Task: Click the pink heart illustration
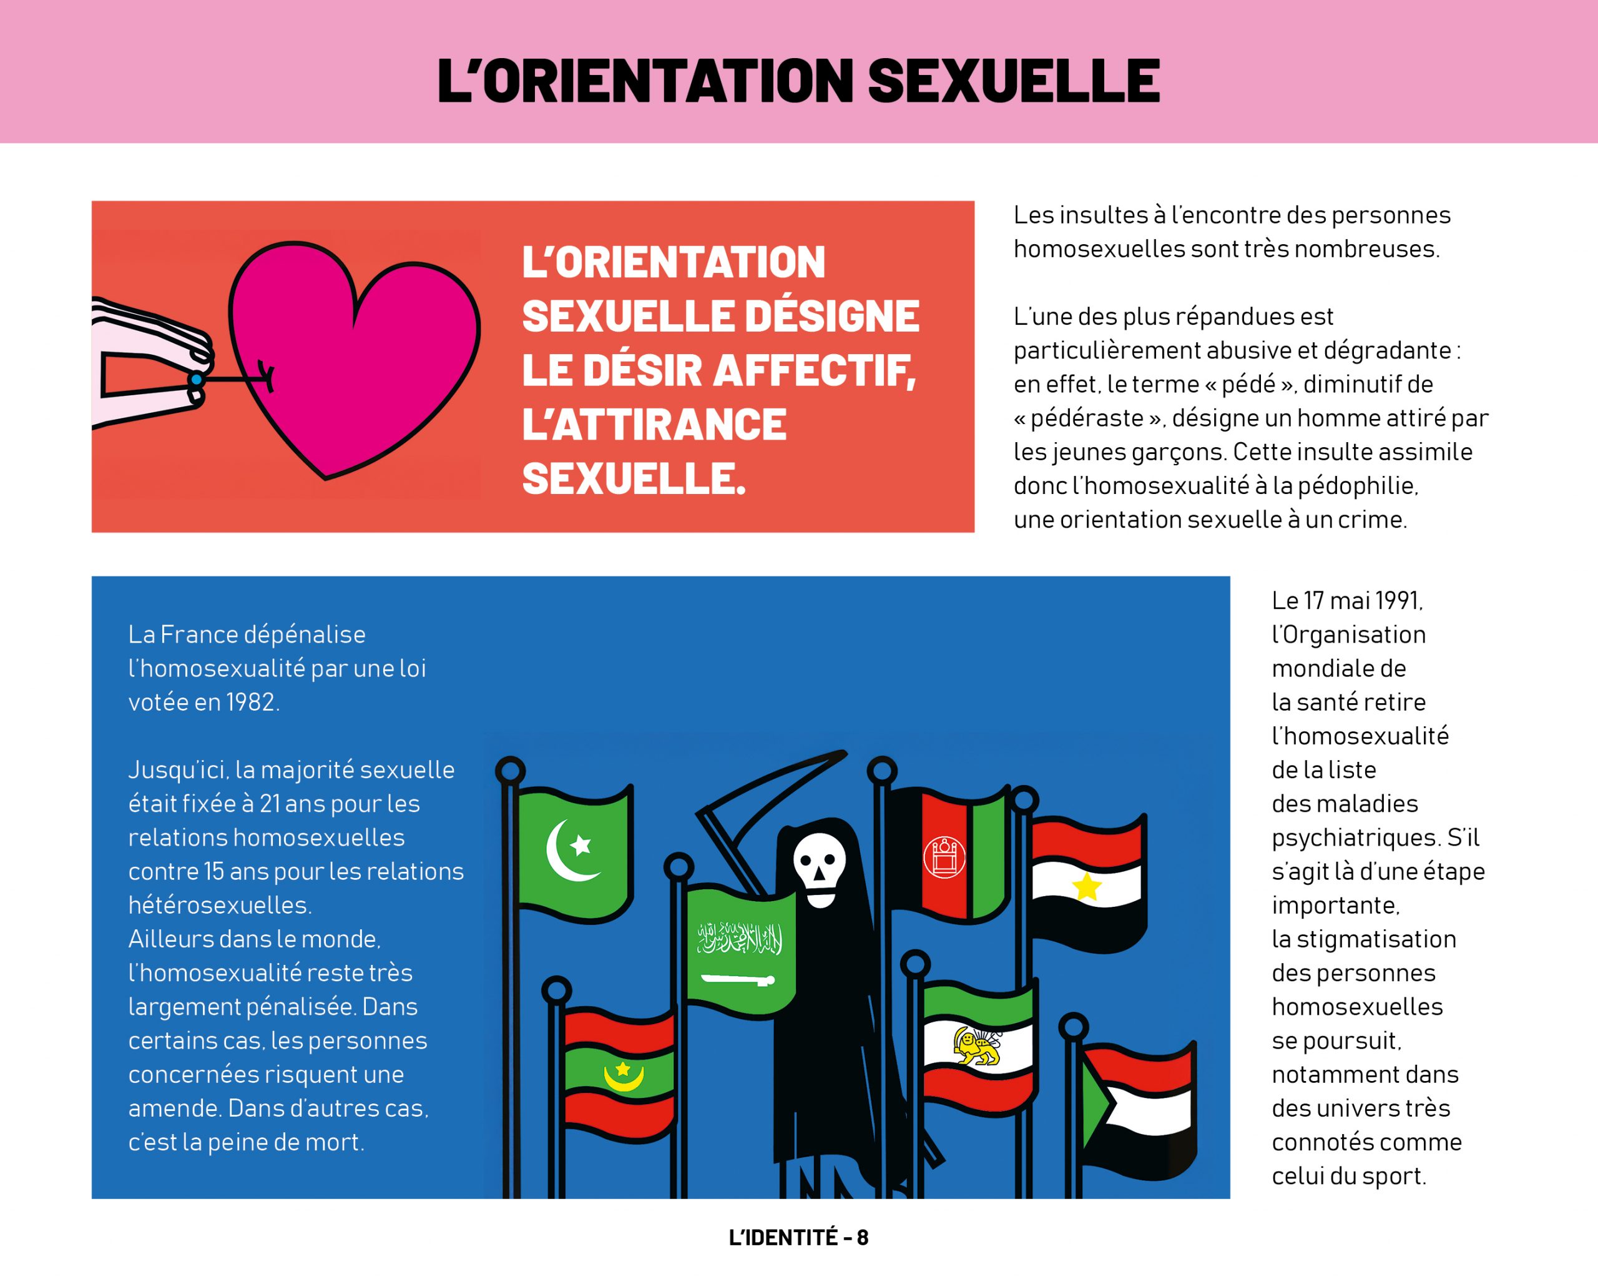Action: click(356, 356)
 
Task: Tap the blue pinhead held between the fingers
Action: click(195, 380)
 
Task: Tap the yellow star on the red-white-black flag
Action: click(1087, 886)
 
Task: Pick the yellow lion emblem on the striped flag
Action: click(976, 1046)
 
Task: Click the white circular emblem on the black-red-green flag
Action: click(944, 856)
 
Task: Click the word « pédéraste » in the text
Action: click(1087, 418)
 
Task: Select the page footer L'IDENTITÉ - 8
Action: click(798, 1238)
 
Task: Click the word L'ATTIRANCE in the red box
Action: click(654, 424)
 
